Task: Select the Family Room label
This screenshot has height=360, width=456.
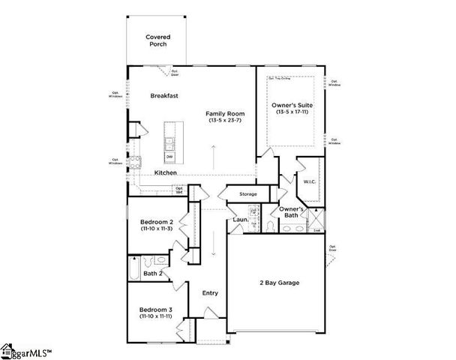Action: (226, 114)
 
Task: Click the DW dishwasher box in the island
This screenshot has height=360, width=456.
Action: (169, 156)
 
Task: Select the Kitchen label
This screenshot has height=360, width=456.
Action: (166, 172)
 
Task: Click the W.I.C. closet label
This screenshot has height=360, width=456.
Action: (310, 181)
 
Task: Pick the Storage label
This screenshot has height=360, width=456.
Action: (248, 194)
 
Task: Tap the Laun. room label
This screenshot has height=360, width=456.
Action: (240, 220)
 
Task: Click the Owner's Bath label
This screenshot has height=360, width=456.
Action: (291, 211)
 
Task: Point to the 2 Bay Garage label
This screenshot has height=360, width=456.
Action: (278, 283)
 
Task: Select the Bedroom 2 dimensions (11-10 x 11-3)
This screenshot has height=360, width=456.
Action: (157, 229)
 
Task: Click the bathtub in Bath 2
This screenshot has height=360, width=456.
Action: (133, 264)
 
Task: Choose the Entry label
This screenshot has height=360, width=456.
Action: (210, 292)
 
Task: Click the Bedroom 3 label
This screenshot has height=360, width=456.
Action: (157, 310)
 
